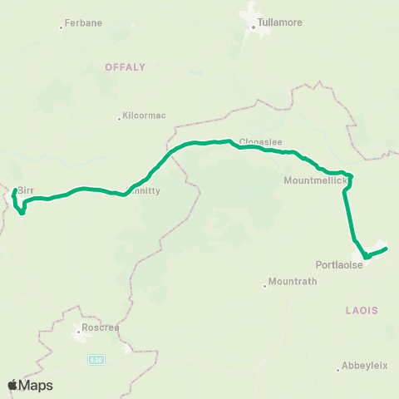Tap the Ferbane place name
pos(86,23)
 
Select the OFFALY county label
pos(125,66)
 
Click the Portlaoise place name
pos(340,265)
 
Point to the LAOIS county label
pos(361,309)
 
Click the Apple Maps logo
pos(30,385)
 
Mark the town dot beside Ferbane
pos(62,27)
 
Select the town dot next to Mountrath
pos(265,286)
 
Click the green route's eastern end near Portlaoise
pos(386,249)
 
